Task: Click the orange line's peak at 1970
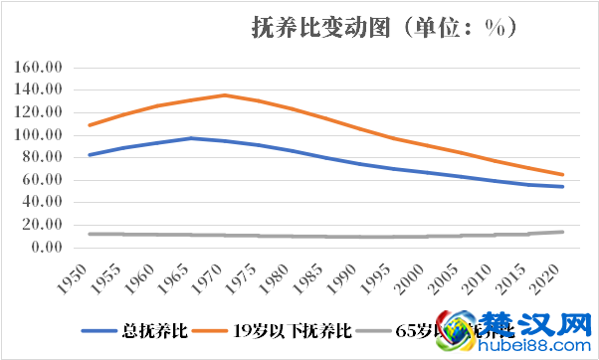[x=225, y=95]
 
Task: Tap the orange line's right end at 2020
[x=562, y=175]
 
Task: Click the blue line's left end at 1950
[x=90, y=155]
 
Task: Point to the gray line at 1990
[x=360, y=237]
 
